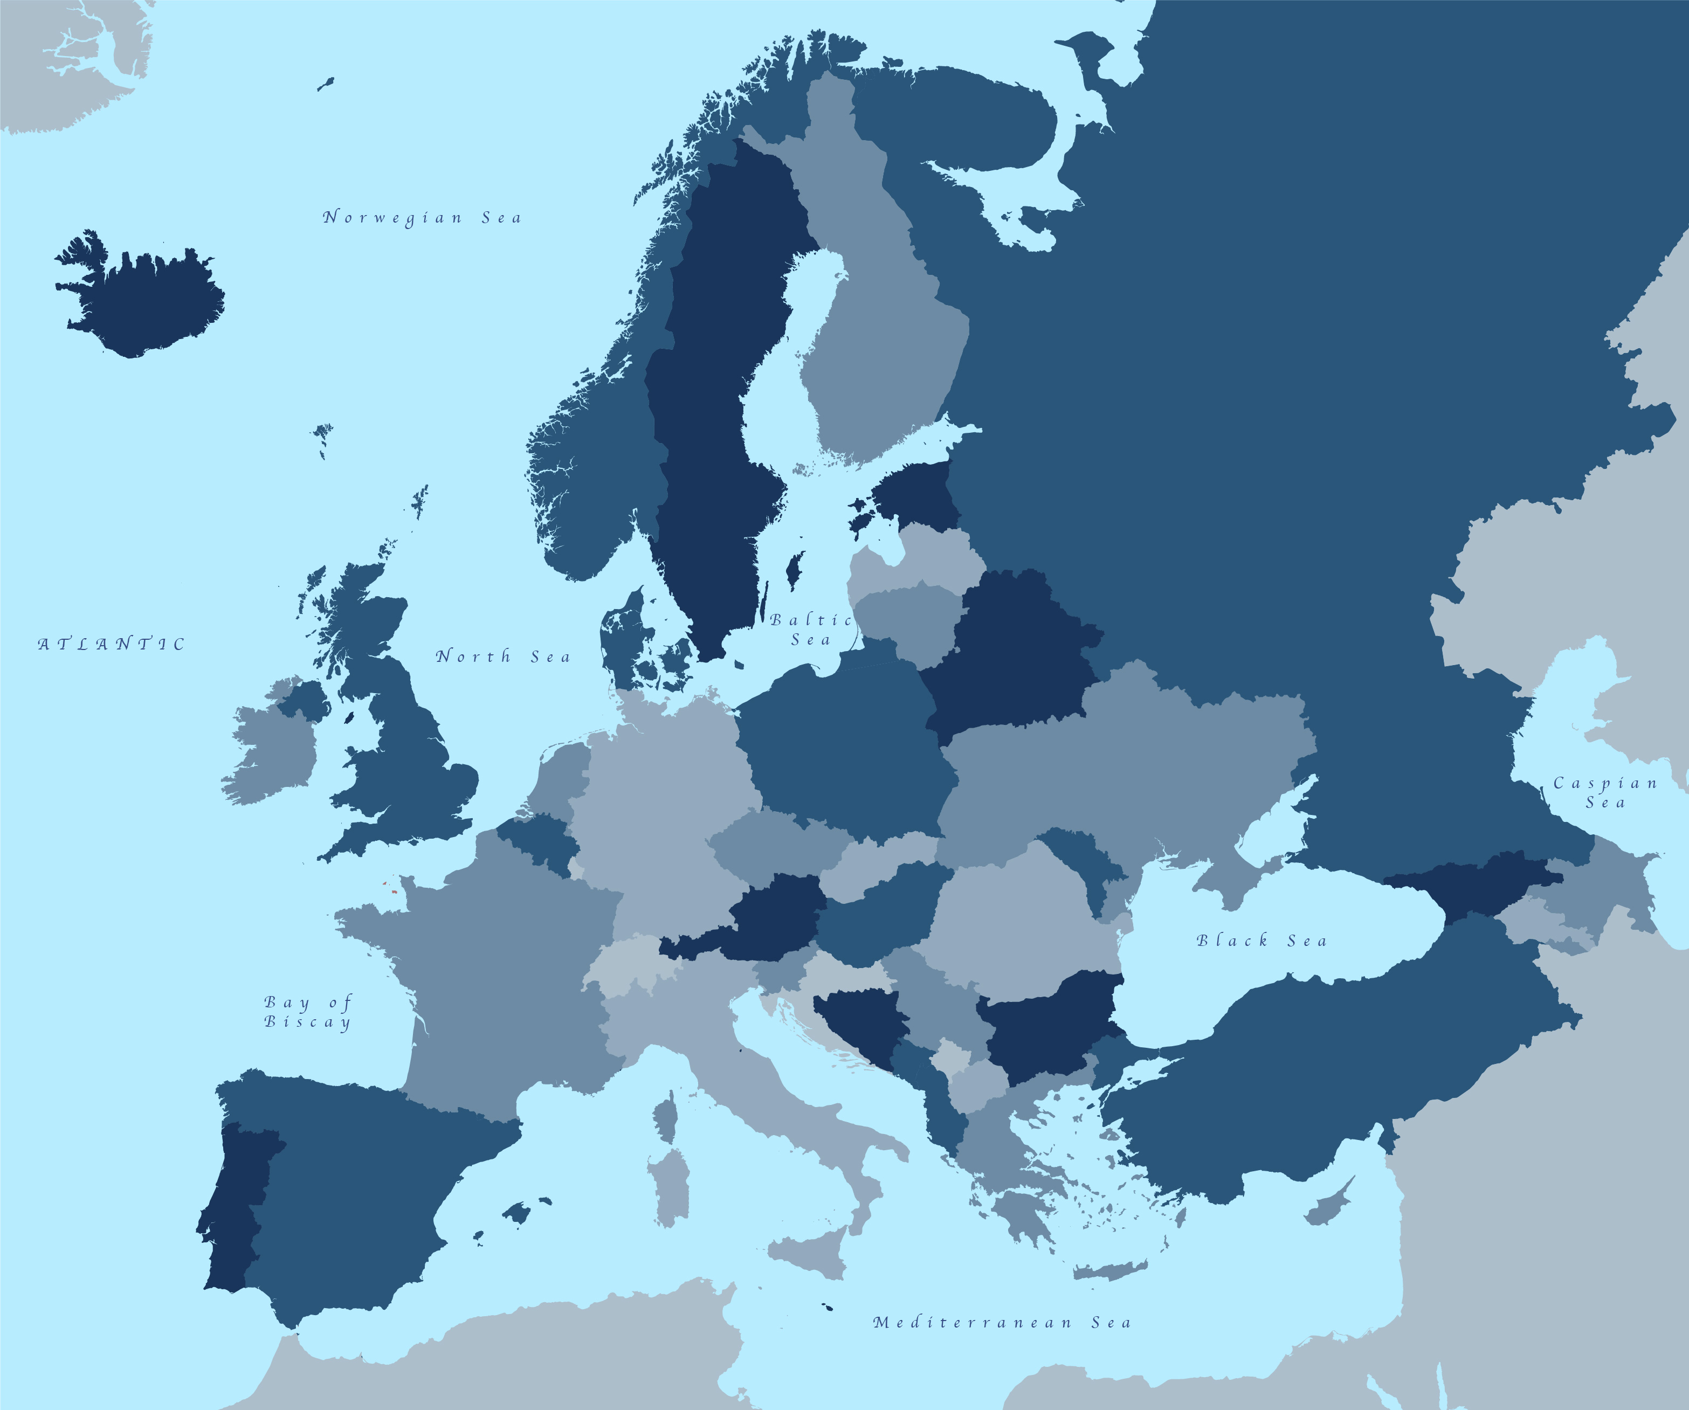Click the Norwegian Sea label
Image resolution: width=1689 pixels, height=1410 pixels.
(422, 217)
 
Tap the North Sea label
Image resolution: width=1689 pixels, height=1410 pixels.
(502, 656)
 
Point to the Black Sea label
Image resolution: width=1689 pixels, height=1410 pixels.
(1261, 940)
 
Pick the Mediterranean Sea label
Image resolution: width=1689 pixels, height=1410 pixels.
(1001, 1322)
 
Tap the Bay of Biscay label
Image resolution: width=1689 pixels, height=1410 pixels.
(308, 1012)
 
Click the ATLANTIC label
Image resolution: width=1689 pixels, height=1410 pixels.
(112, 644)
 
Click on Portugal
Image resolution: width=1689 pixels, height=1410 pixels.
(237, 1206)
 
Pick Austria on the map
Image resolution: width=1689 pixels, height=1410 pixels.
(772, 917)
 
